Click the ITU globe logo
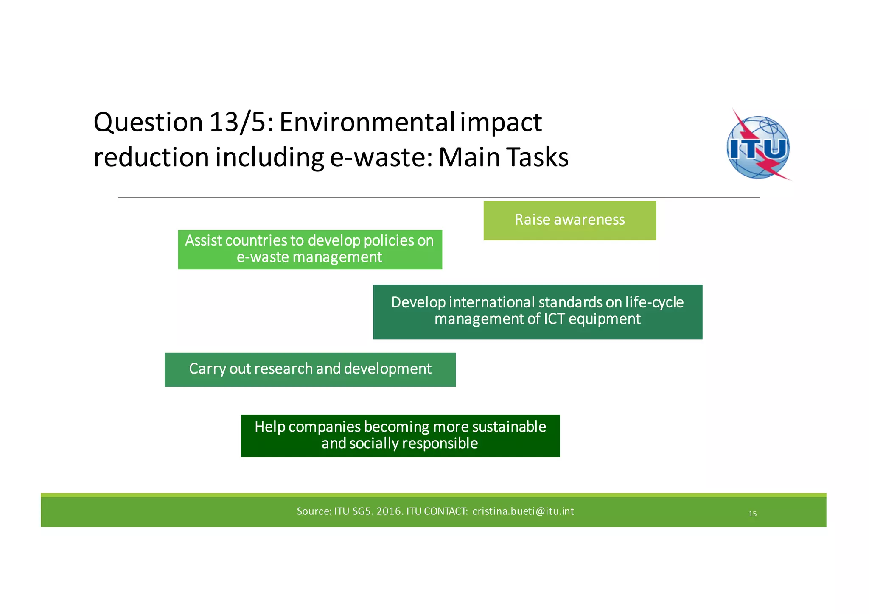tap(758, 146)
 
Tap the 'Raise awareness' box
tap(569, 220)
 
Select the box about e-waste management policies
tap(310, 249)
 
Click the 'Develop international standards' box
tap(537, 312)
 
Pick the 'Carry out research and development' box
tap(310, 369)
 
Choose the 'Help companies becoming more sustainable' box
tap(400, 435)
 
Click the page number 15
tap(752, 514)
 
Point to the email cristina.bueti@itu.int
tap(523, 511)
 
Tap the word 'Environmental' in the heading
tap(367, 123)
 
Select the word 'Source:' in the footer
tap(314, 511)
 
